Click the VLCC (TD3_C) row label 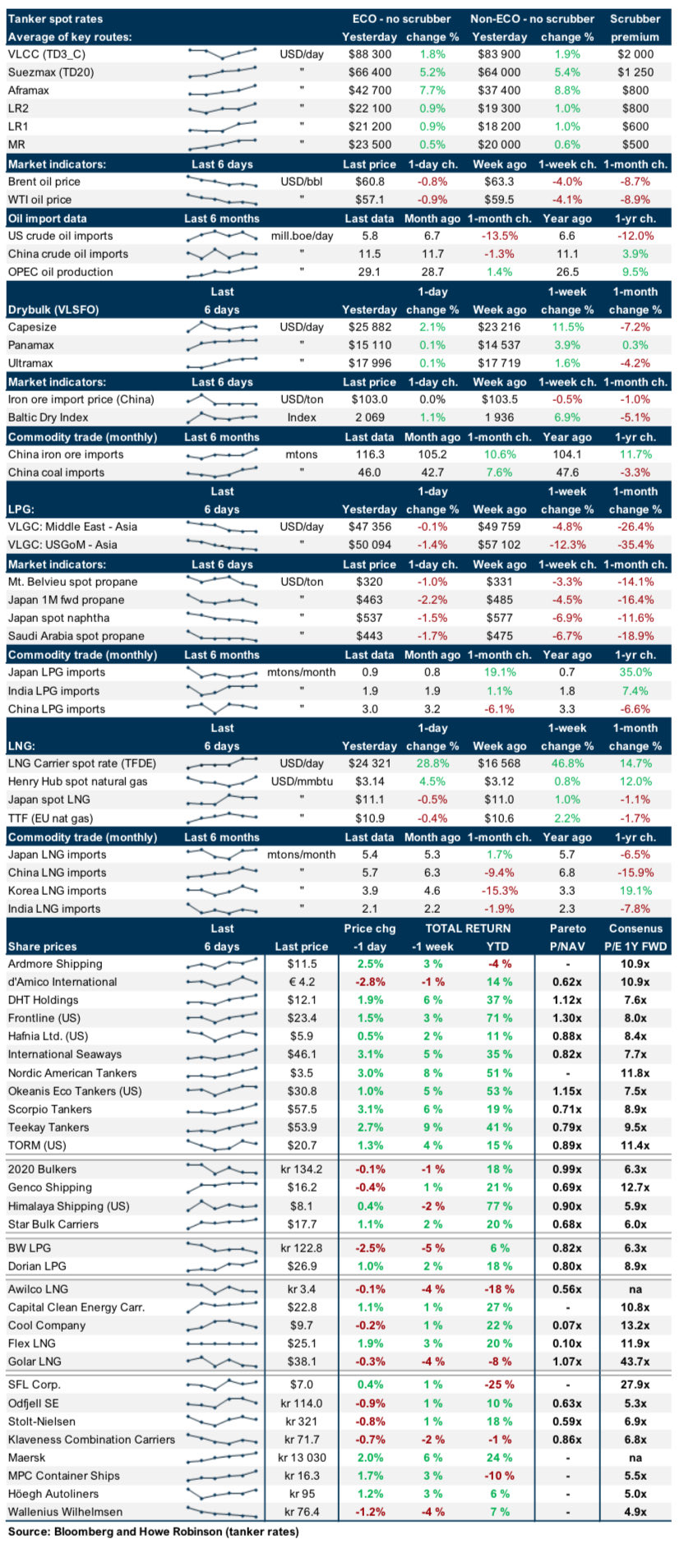[x=47, y=54]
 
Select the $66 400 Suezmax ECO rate [x=369, y=72]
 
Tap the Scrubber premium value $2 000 [x=636, y=54]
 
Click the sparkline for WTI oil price [x=222, y=200]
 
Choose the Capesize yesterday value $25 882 [x=369, y=327]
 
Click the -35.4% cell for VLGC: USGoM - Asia [x=636, y=545]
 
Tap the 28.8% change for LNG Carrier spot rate [x=432, y=763]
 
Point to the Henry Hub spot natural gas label [x=77, y=781]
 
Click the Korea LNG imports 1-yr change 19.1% [x=636, y=891]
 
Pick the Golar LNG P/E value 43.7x [x=635, y=1362]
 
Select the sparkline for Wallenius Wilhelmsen [x=222, y=1512]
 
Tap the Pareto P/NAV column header [x=567, y=938]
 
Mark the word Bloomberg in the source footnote [x=86, y=1532]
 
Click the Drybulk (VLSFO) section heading [x=53, y=310]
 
